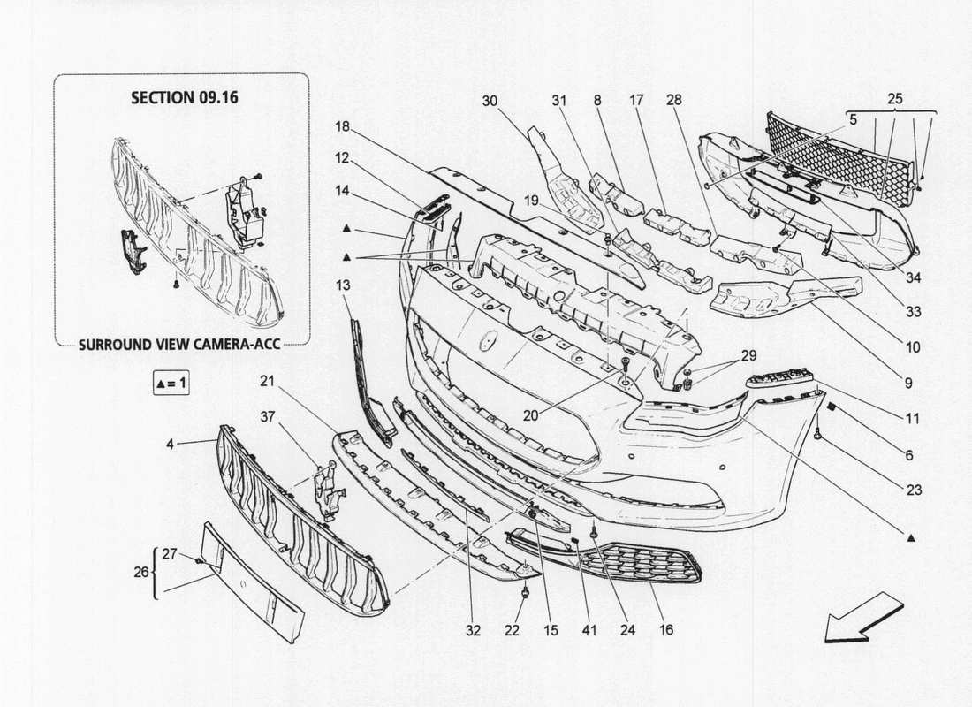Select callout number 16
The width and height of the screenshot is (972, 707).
tap(665, 630)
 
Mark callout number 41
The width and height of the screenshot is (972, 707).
tap(589, 630)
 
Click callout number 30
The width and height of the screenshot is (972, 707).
tap(490, 101)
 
